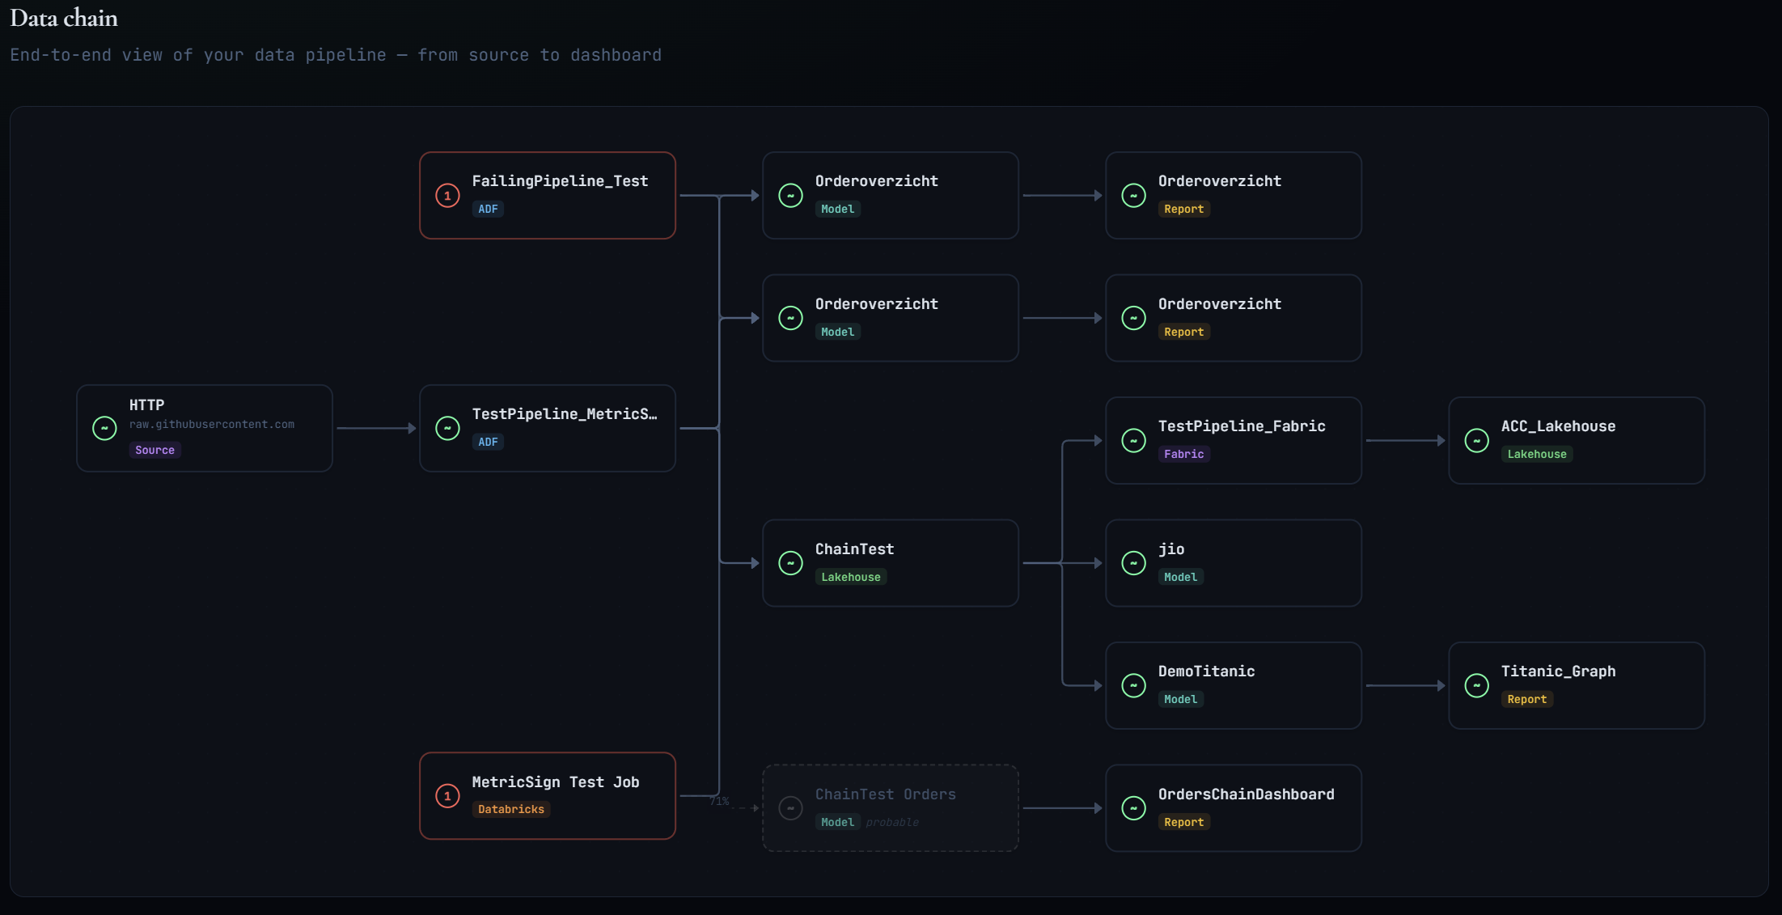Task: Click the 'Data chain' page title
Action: (64, 19)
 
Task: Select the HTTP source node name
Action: (146, 405)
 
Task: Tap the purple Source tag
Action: (154, 450)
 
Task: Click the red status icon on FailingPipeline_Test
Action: (447, 196)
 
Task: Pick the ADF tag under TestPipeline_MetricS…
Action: (488, 442)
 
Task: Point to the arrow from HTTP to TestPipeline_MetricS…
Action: (375, 428)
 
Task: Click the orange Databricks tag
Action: (510, 809)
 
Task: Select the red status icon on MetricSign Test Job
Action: (447, 796)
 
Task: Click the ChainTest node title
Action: (854, 549)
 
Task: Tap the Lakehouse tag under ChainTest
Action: (850, 577)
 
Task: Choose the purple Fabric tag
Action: (1183, 454)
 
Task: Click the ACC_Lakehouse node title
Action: (1558, 426)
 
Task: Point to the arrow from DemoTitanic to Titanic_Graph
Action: (1405, 686)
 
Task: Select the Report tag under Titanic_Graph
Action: (1526, 699)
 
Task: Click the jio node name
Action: (1170, 549)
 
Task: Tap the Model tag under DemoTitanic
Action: (1180, 699)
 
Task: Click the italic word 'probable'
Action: (892, 822)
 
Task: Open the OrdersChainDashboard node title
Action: (1246, 794)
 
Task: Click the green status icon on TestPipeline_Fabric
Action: (1133, 441)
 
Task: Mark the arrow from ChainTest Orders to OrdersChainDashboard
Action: (1062, 808)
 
